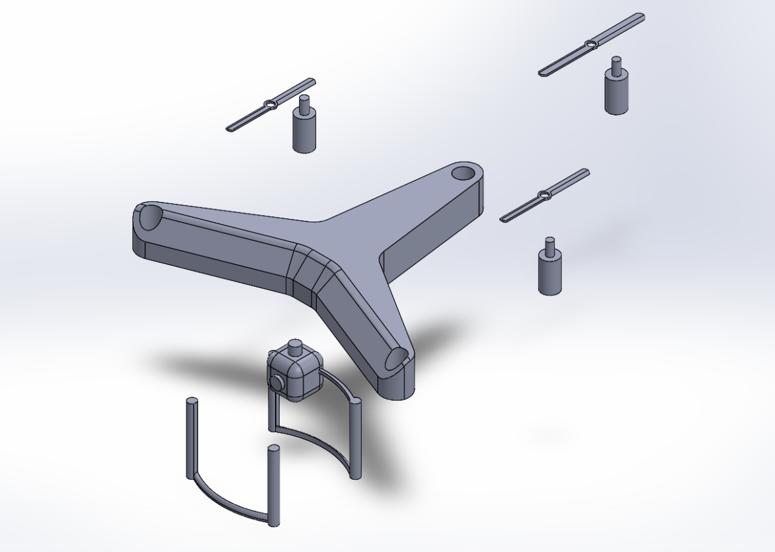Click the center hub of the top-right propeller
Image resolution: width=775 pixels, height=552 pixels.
tap(590, 44)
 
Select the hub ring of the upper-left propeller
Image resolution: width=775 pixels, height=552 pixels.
tap(269, 105)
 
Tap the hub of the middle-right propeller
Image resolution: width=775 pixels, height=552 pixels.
tap(542, 195)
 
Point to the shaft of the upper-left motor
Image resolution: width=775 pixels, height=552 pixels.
tap(303, 103)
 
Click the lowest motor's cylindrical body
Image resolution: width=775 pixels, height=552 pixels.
tap(550, 274)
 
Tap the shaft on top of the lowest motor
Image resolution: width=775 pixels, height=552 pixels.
tap(550, 246)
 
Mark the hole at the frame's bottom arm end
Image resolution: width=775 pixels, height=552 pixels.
tap(397, 358)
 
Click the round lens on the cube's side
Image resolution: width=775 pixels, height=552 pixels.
tap(276, 383)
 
